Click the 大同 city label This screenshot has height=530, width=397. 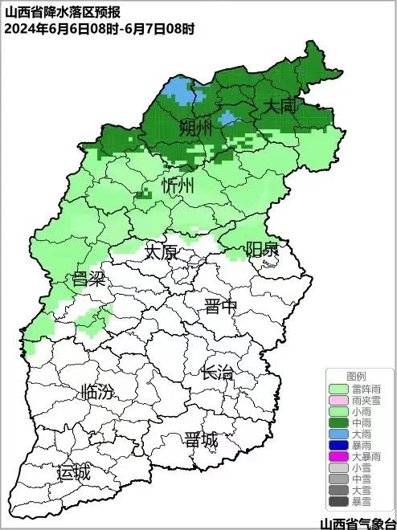click(x=279, y=106)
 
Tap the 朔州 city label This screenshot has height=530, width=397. click(x=195, y=127)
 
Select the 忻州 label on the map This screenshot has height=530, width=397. click(x=178, y=186)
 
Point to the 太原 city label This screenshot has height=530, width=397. click(x=161, y=251)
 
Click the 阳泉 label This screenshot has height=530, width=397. click(x=262, y=248)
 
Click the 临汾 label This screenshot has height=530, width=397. click(x=97, y=393)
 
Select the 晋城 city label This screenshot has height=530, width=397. click(x=200, y=440)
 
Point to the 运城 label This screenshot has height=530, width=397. click(x=74, y=472)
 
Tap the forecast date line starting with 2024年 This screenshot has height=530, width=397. click(x=100, y=28)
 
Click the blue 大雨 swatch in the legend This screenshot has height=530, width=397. click(x=339, y=434)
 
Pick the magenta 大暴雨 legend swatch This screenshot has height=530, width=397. click(x=339, y=456)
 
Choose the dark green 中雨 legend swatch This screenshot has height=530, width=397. click(x=339, y=422)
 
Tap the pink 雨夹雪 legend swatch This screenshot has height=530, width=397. click(x=339, y=400)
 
